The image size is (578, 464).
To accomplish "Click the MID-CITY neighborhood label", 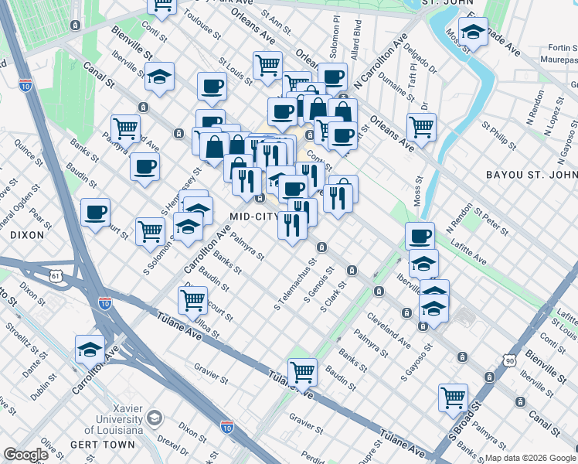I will (253, 216).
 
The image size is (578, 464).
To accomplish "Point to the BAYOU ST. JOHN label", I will (531, 176).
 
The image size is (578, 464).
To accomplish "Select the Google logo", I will (26, 455).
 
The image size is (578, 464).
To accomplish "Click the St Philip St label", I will (498, 135).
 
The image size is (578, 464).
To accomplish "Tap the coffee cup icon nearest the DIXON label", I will (95, 212).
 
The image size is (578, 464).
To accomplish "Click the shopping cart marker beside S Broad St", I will (453, 397).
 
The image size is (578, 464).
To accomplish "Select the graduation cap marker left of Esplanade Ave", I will (473, 32).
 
